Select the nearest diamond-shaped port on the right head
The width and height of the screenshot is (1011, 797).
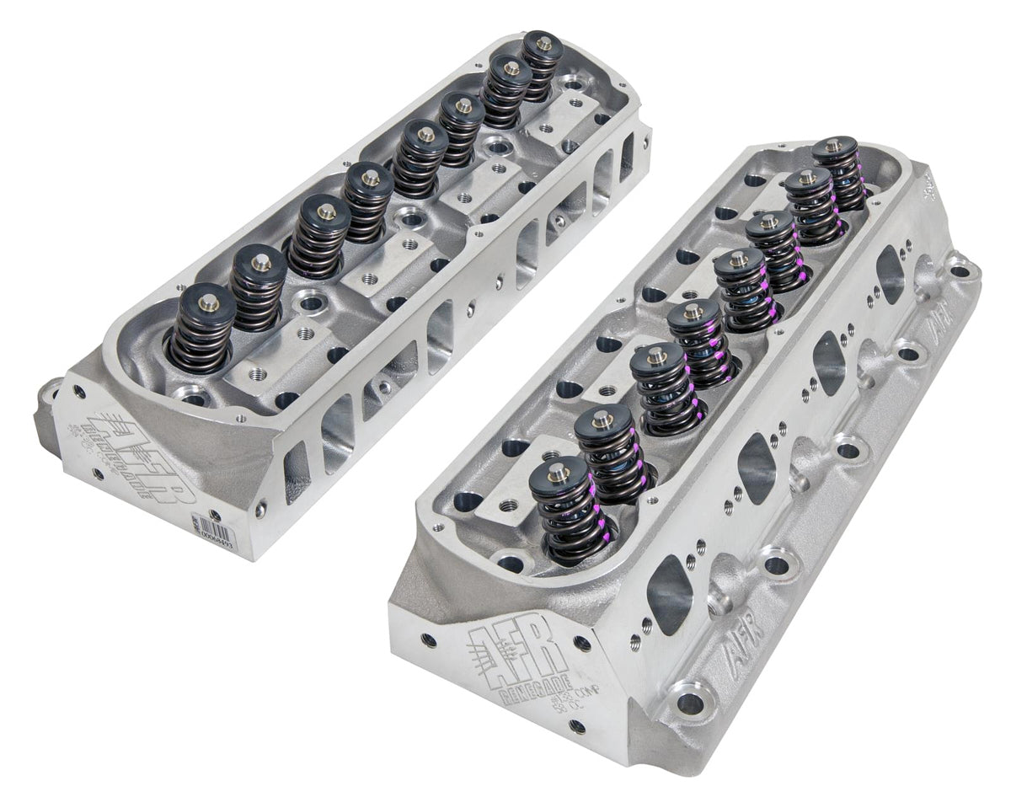(672, 595)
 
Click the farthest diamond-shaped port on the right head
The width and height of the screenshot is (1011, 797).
(891, 275)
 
